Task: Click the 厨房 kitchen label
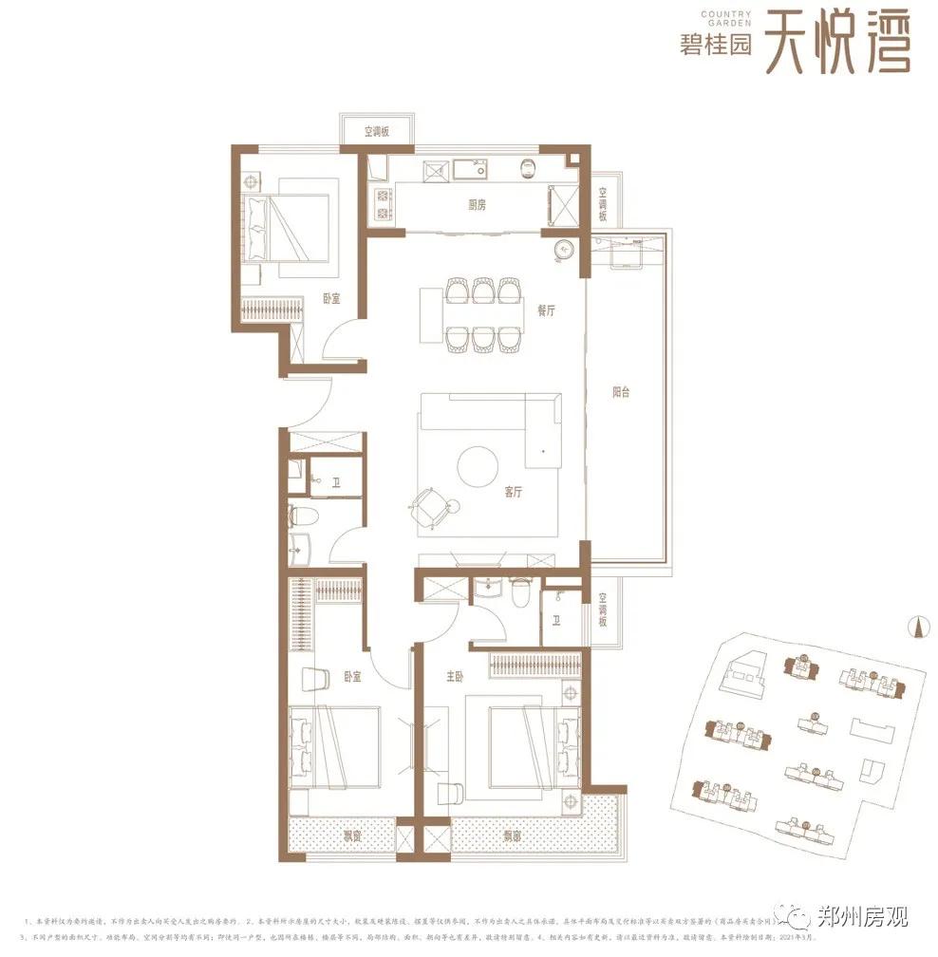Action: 478,204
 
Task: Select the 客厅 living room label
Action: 515,492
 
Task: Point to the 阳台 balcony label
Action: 621,391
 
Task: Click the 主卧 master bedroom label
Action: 456,678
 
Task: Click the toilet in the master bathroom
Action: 518,591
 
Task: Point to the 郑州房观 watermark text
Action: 862,917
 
